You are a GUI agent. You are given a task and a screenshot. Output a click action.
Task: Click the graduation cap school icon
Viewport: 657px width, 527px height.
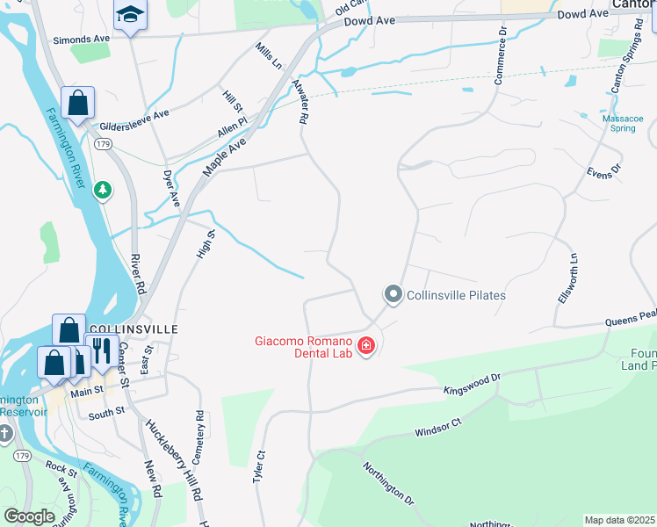pyautogui.click(x=131, y=15)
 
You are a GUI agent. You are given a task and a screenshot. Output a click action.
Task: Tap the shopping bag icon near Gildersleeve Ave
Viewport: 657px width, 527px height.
pyautogui.click(x=78, y=103)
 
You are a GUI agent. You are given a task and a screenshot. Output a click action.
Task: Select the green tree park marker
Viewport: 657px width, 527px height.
pyautogui.click(x=104, y=190)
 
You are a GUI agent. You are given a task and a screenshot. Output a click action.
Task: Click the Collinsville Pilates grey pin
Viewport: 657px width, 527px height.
pyautogui.click(x=393, y=295)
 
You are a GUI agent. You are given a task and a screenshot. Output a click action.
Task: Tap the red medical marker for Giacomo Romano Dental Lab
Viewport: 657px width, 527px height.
pyautogui.click(x=365, y=347)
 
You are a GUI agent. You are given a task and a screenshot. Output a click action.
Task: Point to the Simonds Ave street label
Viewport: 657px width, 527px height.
pyautogui.click(x=83, y=40)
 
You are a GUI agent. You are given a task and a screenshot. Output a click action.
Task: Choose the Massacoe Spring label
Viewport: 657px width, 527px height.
pyautogui.click(x=623, y=122)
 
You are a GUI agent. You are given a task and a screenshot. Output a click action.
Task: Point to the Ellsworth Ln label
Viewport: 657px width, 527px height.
pyautogui.click(x=567, y=278)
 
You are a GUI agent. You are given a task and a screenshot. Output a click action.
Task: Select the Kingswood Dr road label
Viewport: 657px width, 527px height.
pyautogui.click(x=472, y=383)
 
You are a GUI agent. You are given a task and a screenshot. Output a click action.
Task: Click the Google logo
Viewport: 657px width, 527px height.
pyautogui.click(x=29, y=516)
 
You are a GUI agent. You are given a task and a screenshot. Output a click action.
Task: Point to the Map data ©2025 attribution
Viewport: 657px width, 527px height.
pyautogui.click(x=619, y=520)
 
